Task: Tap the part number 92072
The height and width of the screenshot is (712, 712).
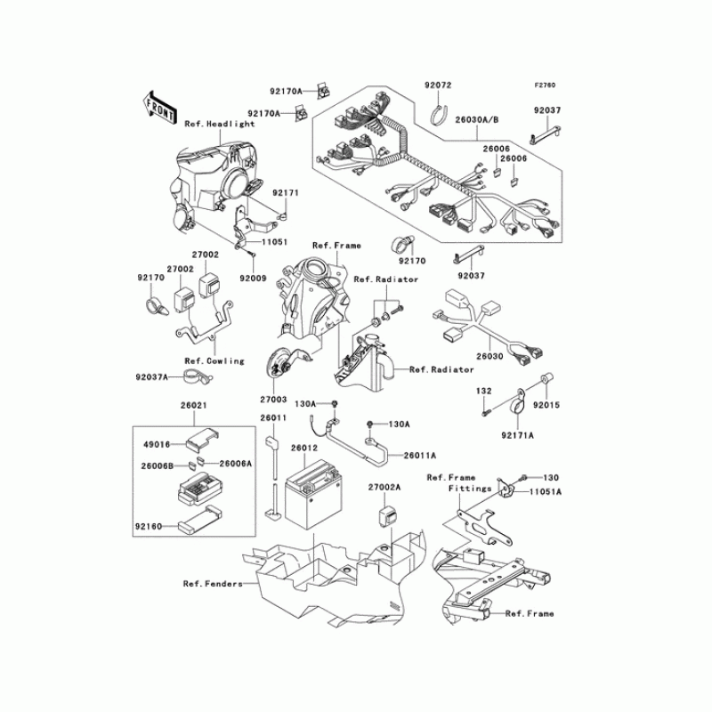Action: click(439, 85)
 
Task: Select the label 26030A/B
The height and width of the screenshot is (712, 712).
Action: click(478, 117)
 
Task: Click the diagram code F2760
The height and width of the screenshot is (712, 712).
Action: click(545, 85)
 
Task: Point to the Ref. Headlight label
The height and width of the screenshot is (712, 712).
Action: click(220, 124)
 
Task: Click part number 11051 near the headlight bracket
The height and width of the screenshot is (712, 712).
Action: click(274, 242)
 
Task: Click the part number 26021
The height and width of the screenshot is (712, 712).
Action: click(194, 406)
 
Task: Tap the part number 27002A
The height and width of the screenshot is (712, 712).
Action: click(385, 488)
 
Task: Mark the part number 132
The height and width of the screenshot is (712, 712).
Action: click(483, 391)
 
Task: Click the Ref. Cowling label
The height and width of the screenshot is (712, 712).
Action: click(214, 360)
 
